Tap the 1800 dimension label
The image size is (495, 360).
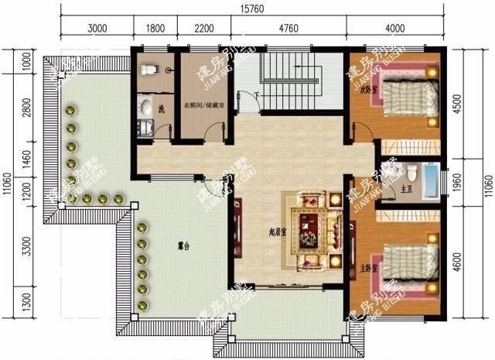[155, 29]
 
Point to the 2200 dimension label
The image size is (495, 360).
[203, 29]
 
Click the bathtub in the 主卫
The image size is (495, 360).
[433, 180]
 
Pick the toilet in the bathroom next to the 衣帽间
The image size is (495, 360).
[149, 70]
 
